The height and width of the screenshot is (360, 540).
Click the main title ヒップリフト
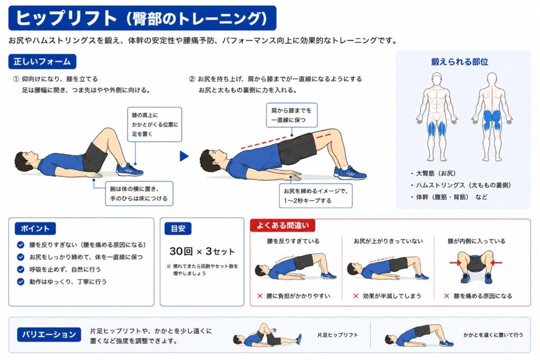click(x=66, y=18)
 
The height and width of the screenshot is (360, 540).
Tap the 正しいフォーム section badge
click(x=42, y=62)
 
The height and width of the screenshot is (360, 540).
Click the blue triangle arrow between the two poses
click(x=184, y=156)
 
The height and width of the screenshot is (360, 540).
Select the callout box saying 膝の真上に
click(x=155, y=124)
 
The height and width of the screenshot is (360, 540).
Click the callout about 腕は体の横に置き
click(x=139, y=193)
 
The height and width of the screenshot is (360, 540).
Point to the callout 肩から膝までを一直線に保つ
click(x=291, y=115)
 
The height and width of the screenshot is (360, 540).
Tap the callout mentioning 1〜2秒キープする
click(x=316, y=196)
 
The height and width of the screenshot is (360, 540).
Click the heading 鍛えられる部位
click(x=460, y=62)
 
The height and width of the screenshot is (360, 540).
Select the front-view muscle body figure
click(x=437, y=116)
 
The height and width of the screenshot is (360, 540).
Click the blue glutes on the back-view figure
click(x=492, y=116)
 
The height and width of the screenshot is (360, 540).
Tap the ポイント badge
click(x=35, y=229)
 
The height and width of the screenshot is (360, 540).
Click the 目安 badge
click(x=178, y=229)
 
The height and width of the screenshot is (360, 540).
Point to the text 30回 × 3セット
click(x=202, y=251)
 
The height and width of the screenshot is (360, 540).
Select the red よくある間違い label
click(x=283, y=226)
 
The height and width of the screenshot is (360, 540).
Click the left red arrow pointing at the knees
click(x=455, y=263)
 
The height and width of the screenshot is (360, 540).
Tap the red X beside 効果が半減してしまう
click(x=356, y=296)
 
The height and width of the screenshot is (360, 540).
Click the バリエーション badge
click(x=49, y=335)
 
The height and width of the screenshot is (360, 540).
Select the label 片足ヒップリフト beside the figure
click(x=337, y=335)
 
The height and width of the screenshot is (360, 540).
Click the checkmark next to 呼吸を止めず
click(x=21, y=269)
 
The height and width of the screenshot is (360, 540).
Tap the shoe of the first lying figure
click(x=130, y=170)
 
